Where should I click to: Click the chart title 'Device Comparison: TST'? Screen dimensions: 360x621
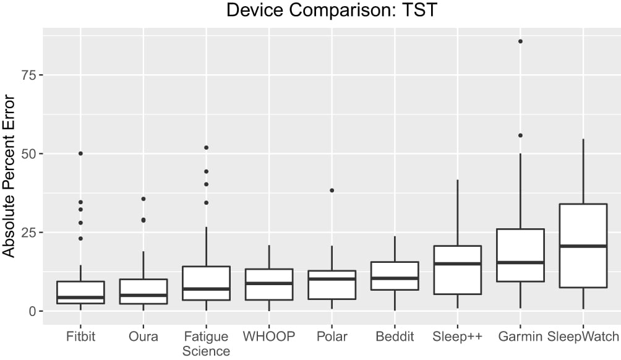pos(333,11)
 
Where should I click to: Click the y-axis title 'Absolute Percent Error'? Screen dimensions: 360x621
pos(9,176)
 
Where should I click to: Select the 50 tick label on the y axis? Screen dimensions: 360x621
pos(28,153)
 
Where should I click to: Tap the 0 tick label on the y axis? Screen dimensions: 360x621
pos(32,311)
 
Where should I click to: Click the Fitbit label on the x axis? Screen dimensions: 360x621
pos(80,337)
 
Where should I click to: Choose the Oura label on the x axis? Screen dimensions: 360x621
pos(143,337)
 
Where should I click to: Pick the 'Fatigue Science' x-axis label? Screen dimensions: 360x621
pos(206,344)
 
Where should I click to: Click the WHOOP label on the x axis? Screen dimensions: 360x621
pos(269,337)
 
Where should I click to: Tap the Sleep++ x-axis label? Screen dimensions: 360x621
pos(458,337)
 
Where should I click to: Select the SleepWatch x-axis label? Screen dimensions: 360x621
pos(583,337)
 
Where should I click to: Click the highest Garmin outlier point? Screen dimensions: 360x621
pos(520,41)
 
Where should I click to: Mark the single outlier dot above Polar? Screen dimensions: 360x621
pos(332,191)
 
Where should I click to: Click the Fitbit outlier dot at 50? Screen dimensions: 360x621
pos(80,153)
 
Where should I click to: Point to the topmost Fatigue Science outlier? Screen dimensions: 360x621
pos(206,148)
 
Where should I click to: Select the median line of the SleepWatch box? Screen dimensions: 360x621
pos(583,246)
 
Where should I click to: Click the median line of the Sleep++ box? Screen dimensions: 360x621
pos(458,264)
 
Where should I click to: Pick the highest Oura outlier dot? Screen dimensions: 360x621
pos(143,199)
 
